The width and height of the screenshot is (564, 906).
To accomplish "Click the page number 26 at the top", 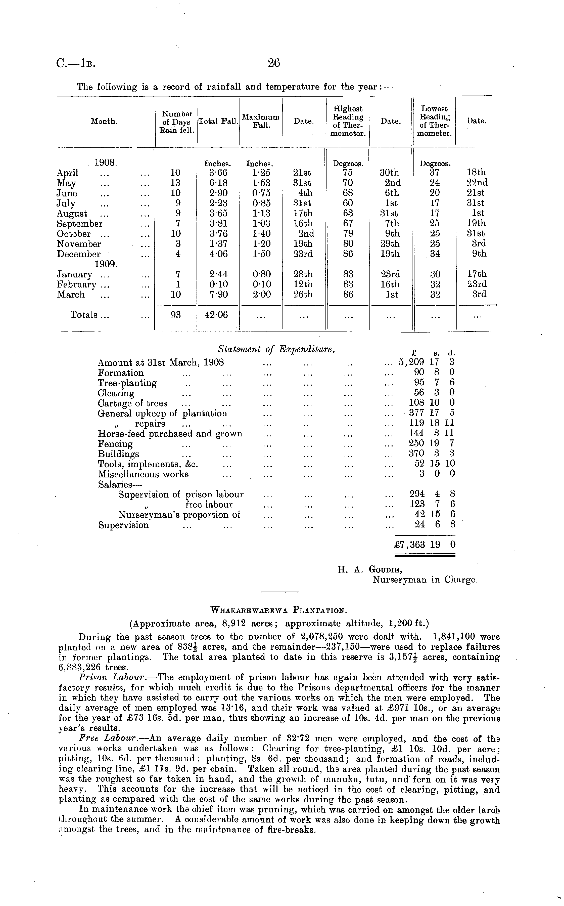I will tap(273, 63).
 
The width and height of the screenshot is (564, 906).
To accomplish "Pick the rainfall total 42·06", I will tap(216, 315).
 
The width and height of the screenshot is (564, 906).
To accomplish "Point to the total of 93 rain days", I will tap(175, 315).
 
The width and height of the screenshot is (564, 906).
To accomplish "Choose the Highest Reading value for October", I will tap(348, 234).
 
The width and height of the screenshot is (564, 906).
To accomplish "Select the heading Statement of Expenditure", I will tap(277, 349).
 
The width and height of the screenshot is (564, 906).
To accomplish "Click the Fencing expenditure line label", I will tap(115, 444).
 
